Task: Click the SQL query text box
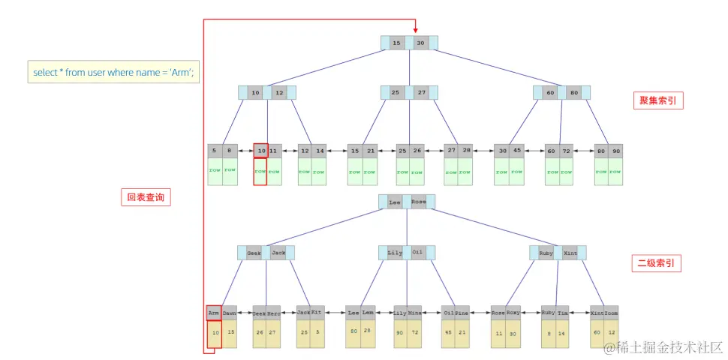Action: point(113,72)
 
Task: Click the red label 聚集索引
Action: point(658,100)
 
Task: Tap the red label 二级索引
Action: point(656,263)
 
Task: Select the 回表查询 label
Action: point(146,198)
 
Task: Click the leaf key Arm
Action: point(214,312)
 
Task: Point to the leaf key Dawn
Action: point(230,312)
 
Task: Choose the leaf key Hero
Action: point(275,312)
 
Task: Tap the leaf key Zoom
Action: point(612,312)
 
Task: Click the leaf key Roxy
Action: point(513,312)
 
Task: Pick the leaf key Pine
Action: point(462,312)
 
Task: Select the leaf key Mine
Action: point(415,312)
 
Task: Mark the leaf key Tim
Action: point(563,312)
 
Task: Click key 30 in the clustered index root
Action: point(421,43)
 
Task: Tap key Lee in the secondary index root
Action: point(395,202)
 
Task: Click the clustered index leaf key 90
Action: point(615,151)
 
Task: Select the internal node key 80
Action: point(574,93)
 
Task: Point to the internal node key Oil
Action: point(418,253)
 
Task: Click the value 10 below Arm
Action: point(215,332)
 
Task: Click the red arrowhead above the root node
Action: point(415,31)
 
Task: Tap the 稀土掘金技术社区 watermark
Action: point(664,347)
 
